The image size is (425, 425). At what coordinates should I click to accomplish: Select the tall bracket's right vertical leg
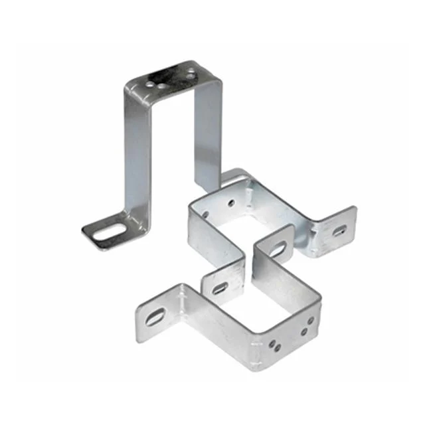click(x=207, y=133)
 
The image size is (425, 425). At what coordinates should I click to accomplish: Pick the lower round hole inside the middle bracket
click(x=205, y=214)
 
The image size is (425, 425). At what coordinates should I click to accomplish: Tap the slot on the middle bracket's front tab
click(x=219, y=288)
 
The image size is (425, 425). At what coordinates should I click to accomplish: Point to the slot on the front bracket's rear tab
click(x=278, y=250)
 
